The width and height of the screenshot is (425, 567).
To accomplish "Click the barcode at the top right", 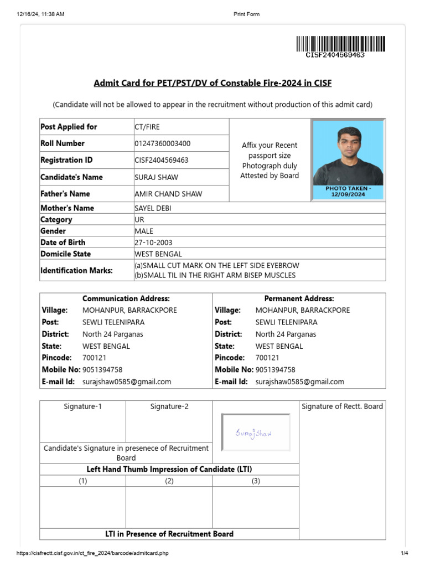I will click(x=340, y=44).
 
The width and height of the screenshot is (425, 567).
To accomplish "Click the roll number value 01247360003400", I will click(x=163, y=143).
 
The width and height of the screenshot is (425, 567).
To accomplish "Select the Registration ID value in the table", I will click(x=162, y=160).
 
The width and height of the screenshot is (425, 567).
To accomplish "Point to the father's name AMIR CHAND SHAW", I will click(x=168, y=194).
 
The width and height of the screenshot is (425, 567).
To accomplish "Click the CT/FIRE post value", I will click(x=147, y=127).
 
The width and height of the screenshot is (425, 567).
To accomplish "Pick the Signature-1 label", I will click(x=82, y=406).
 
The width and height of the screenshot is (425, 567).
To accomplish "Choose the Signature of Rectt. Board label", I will click(x=342, y=406).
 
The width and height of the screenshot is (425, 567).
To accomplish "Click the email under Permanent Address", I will click(x=299, y=382).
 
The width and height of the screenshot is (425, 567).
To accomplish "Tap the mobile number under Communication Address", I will click(x=102, y=369).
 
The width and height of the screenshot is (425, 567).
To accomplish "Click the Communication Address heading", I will click(x=126, y=298).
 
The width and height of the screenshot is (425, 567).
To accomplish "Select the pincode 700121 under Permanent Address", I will click(x=267, y=358).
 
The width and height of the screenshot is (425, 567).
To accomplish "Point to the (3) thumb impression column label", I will click(x=256, y=481).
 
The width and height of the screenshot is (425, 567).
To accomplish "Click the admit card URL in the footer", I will click(x=92, y=553).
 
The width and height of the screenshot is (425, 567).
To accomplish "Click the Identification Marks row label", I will click(x=76, y=270).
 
